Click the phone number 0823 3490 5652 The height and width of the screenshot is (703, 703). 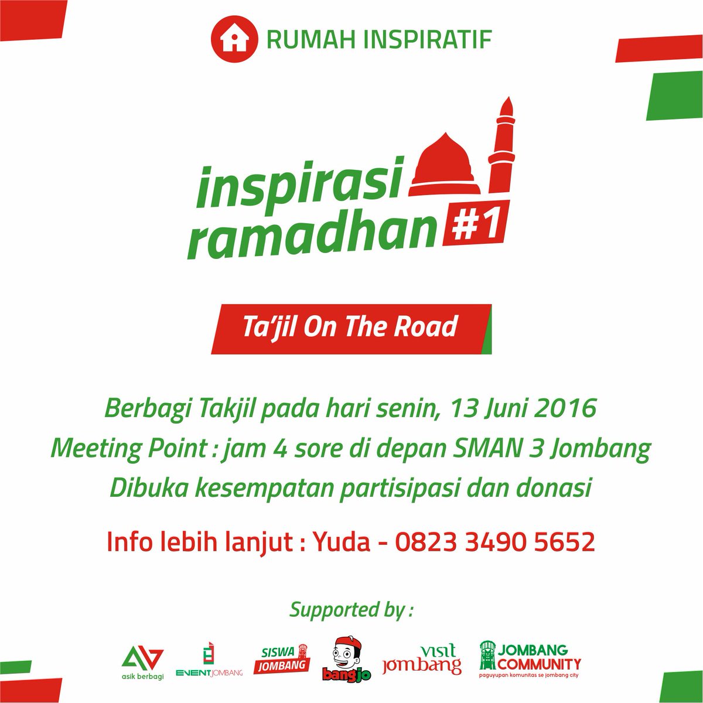pyautogui.click(x=495, y=541)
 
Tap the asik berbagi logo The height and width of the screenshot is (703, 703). pyautogui.click(x=141, y=662)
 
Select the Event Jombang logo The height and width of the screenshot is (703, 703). pyautogui.click(x=209, y=662)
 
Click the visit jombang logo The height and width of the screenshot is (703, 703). pyautogui.click(x=422, y=660)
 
